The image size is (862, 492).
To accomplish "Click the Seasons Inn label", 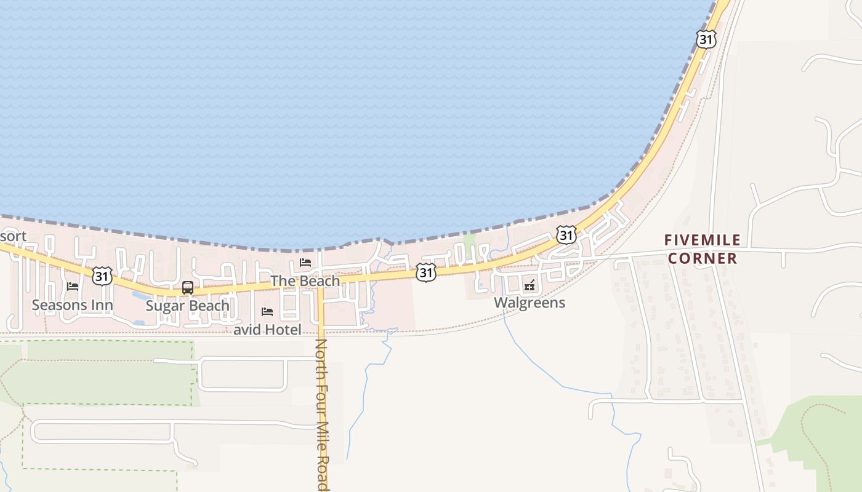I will (72, 305).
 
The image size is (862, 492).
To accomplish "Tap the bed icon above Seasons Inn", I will (73, 287).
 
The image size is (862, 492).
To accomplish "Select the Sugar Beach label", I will (187, 306).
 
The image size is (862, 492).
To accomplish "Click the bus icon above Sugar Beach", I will (188, 287).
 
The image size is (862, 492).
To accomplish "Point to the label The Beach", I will (305, 281).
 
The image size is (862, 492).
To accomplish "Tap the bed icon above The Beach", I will (305, 263).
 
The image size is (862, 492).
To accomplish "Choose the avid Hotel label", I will (267, 330).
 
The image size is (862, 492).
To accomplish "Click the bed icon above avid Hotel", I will (267, 312).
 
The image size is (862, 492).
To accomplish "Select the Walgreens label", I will (530, 303).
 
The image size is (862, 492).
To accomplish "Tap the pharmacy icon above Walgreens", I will (530, 285).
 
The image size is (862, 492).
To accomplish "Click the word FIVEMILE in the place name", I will (703, 240).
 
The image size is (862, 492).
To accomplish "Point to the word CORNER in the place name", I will (703, 258).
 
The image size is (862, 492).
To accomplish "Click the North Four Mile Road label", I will (321, 415).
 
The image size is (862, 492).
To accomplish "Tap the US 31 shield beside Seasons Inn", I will (102, 276).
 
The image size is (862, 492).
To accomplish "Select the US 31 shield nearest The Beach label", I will (425, 272).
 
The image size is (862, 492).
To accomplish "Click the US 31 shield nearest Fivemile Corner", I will (566, 234).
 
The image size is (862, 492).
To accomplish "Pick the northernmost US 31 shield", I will (706, 39).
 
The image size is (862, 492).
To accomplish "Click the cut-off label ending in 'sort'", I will (13, 236).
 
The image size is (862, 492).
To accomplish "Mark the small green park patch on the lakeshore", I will (469, 241).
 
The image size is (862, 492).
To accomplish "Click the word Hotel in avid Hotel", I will (283, 330).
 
